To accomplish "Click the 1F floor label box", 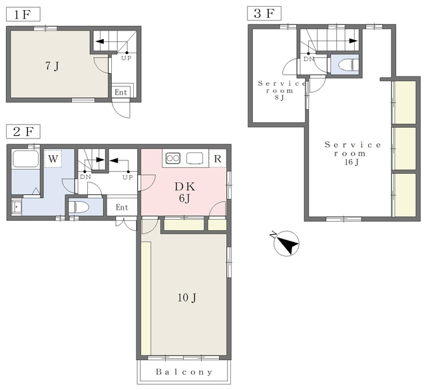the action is pos(23,15).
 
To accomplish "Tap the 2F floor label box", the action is pos(23,132).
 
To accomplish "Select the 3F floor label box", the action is pos(264,13).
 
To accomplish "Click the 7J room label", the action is pos(52,66).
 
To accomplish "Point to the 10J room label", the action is pos(187,298).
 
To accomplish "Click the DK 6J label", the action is pos(185,192).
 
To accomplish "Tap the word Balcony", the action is pos(184,372).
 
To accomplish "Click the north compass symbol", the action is pos(286,242).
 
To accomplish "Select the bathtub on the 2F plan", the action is pos(25,159).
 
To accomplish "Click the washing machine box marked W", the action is pos(53,158).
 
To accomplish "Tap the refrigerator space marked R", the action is pos(218,158).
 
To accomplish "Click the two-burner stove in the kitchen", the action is pos(173,158).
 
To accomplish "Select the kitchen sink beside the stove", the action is pos(194,158).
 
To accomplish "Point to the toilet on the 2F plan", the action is pos(79,207).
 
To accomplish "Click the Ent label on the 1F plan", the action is pos(121,93).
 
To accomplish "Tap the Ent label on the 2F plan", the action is pos(122,208).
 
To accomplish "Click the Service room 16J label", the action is pos(352,153).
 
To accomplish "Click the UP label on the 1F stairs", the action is pos(126,58).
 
